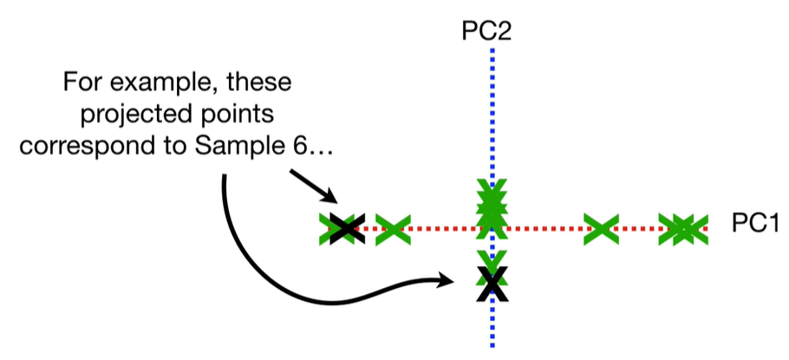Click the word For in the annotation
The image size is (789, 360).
pos(84,86)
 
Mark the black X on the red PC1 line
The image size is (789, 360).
pos(345,229)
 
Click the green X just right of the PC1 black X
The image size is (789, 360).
pos(392,229)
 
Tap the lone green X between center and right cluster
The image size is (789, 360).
pos(600,229)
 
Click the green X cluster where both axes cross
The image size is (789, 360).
pos(492,208)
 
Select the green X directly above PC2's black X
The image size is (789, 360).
pos(492,259)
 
